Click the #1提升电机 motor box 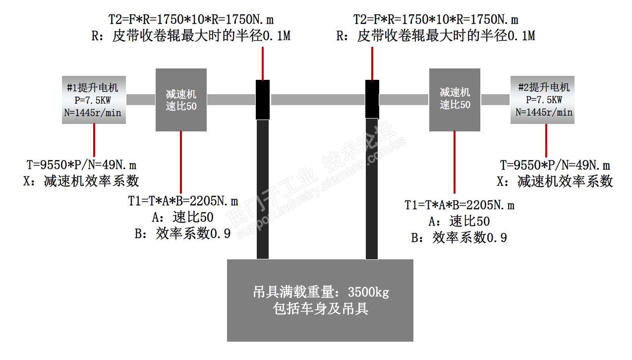(93, 100)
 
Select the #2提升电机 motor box (544, 100)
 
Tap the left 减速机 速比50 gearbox (181, 100)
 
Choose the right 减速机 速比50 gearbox (455, 99)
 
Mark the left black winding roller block (263, 99)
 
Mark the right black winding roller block (372, 99)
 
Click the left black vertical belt (263, 188)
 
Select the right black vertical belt (372, 188)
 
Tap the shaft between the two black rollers (317, 99)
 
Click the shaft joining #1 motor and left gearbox (141, 100)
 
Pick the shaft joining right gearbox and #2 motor (495, 100)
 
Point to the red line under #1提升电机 (94, 140)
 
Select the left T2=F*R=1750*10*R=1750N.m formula (191, 20)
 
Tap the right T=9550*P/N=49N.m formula (555, 165)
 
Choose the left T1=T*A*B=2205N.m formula (183, 201)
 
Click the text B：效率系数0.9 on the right (459, 238)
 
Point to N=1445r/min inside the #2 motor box (544, 112)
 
